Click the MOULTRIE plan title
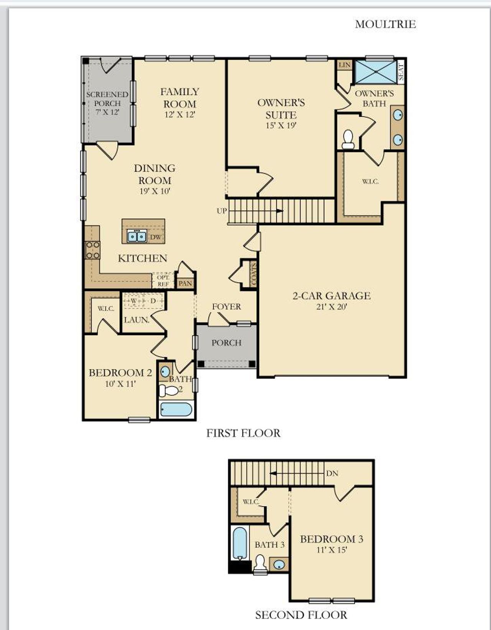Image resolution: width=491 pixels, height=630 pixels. pyautogui.click(x=385, y=24)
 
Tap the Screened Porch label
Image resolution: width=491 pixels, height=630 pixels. pyautogui.click(x=107, y=99)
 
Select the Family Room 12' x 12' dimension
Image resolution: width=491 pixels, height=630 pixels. pyautogui.click(x=180, y=114)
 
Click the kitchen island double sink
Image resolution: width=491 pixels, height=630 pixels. pyautogui.click(x=137, y=236)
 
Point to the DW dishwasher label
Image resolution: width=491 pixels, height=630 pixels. pyautogui.click(x=156, y=237)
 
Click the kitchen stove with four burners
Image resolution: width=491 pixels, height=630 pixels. pyautogui.click(x=92, y=250)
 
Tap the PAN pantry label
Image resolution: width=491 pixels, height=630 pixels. pyautogui.click(x=185, y=284)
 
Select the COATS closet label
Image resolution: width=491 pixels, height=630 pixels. pyautogui.click(x=253, y=274)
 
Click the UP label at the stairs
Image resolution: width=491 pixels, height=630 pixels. pyautogui.click(x=222, y=211)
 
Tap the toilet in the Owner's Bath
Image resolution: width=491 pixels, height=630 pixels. pyautogui.click(x=348, y=140)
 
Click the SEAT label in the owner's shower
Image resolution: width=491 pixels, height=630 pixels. pyautogui.click(x=401, y=72)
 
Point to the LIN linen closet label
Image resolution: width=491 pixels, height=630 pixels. pyautogui.click(x=344, y=65)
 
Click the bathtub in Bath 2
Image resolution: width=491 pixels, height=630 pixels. pyautogui.click(x=176, y=409)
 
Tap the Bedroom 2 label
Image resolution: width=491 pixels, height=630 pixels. pyautogui.click(x=120, y=373)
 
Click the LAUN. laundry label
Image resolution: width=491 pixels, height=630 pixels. pyautogui.click(x=136, y=320)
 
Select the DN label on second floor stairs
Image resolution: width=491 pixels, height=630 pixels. pyautogui.click(x=332, y=473)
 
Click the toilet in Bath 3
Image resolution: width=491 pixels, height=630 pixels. pyautogui.click(x=260, y=564)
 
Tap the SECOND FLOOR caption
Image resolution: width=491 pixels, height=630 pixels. pyautogui.click(x=301, y=615)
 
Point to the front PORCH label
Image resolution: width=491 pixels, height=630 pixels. pyautogui.click(x=226, y=343)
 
